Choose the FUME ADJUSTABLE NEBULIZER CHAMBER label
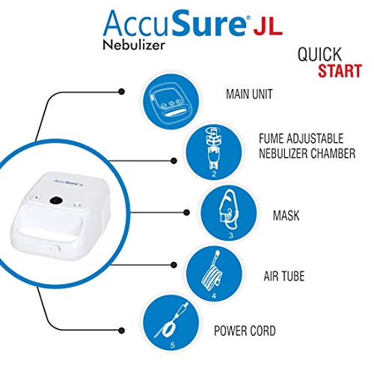pos(295,147)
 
